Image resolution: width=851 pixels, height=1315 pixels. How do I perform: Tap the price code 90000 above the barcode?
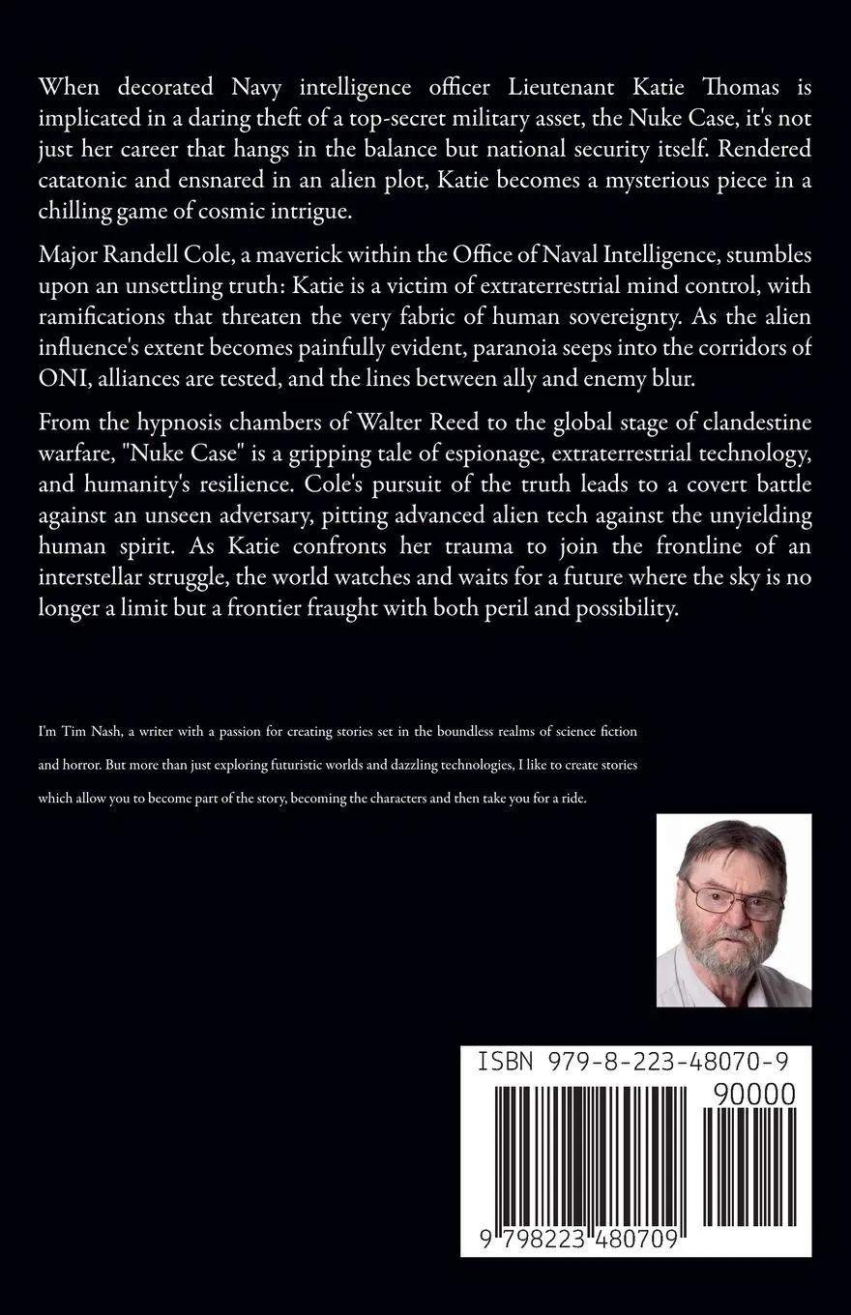[754, 1095]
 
